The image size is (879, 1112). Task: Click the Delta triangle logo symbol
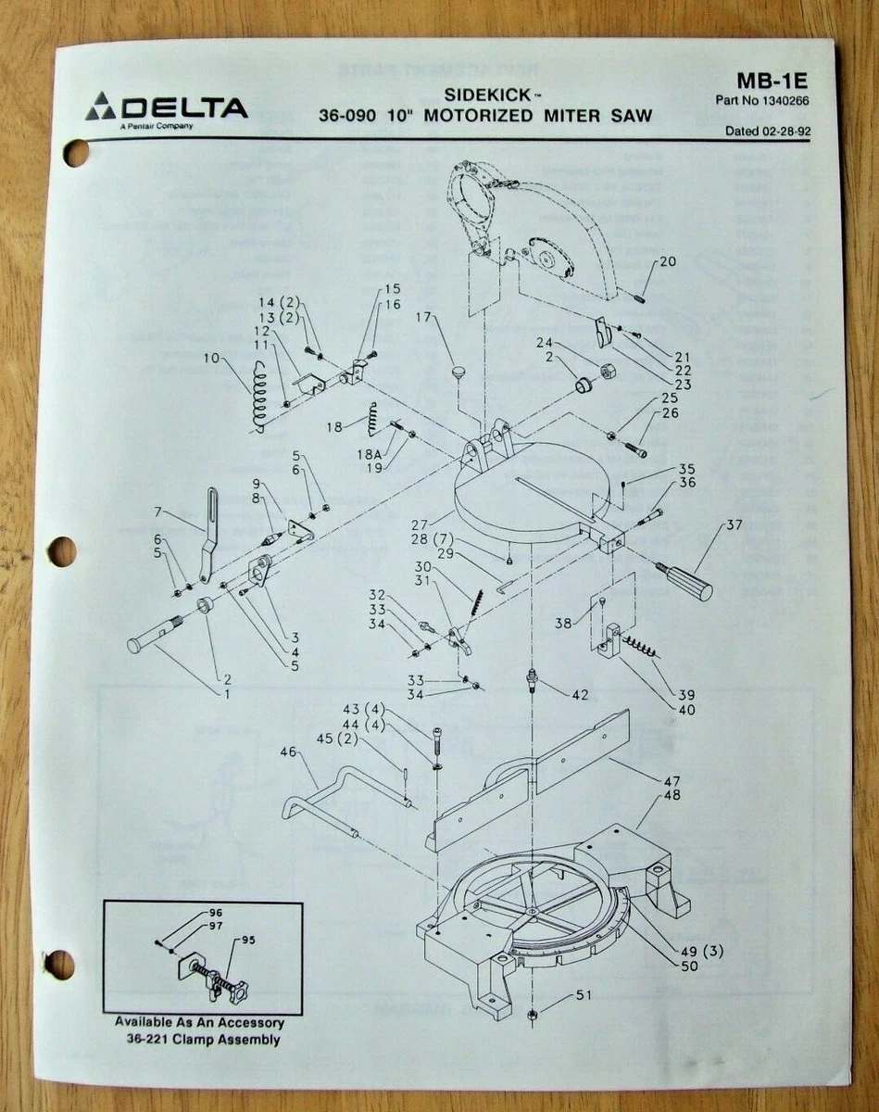point(101,107)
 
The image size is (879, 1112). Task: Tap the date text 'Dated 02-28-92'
point(768,132)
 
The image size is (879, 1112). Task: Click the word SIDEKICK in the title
point(496,95)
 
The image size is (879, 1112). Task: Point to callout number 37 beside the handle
point(734,525)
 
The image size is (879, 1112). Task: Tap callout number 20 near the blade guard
point(667,261)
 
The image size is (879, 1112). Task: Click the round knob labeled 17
point(457,373)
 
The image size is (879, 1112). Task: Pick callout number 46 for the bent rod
point(289,752)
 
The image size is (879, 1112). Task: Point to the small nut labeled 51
point(533,1016)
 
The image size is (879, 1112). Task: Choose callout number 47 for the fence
point(672,781)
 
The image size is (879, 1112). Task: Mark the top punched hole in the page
point(75,152)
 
